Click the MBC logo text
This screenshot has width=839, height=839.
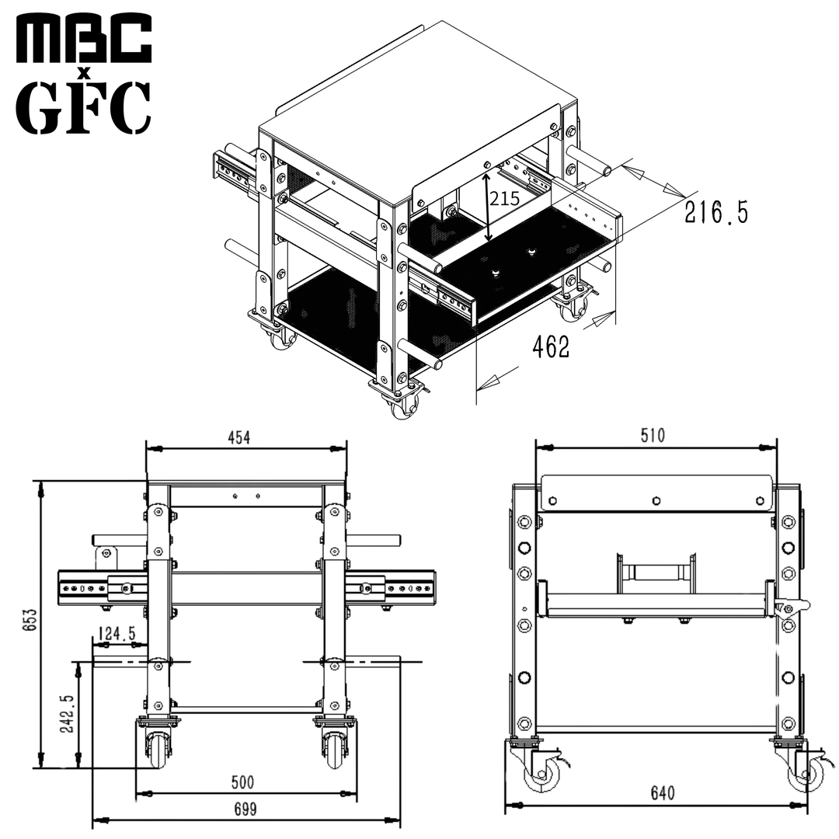[x=84, y=38]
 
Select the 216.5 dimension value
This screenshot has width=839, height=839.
[x=716, y=212]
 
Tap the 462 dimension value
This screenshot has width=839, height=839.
[x=551, y=348]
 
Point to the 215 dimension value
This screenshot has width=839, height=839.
[x=505, y=199]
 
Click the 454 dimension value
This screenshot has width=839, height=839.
[x=239, y=438]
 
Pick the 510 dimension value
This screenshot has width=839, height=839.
[x=653, y=436]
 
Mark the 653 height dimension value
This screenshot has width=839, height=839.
[x=28, y=621]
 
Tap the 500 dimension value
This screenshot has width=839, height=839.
[x=242, y=782]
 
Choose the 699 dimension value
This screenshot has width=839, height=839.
[x=245, y=809]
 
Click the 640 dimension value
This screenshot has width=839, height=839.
[x=662, y=793]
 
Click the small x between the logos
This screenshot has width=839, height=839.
[x=85, y=73]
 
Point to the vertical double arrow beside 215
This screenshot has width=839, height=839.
[x=487, y=207]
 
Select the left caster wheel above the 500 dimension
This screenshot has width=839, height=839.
[x=158, y=749]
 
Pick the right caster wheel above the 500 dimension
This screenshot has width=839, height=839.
[x=335, y=749]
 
